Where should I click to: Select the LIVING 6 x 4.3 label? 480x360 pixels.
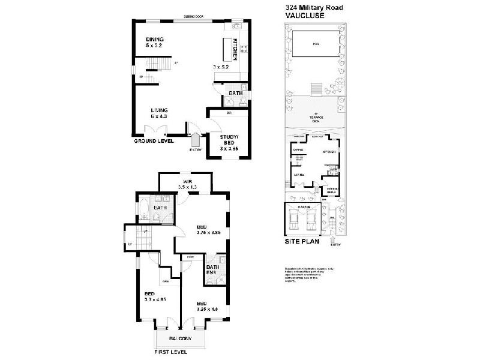click(159, 110)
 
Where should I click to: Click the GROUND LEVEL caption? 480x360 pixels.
click(154, 142)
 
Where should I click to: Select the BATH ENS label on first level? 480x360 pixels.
click(211, 270)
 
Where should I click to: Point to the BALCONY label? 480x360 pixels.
click(180, 339)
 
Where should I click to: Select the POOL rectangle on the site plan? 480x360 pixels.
click(316, 45)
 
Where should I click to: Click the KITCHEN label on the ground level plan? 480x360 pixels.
click(244, 48)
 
